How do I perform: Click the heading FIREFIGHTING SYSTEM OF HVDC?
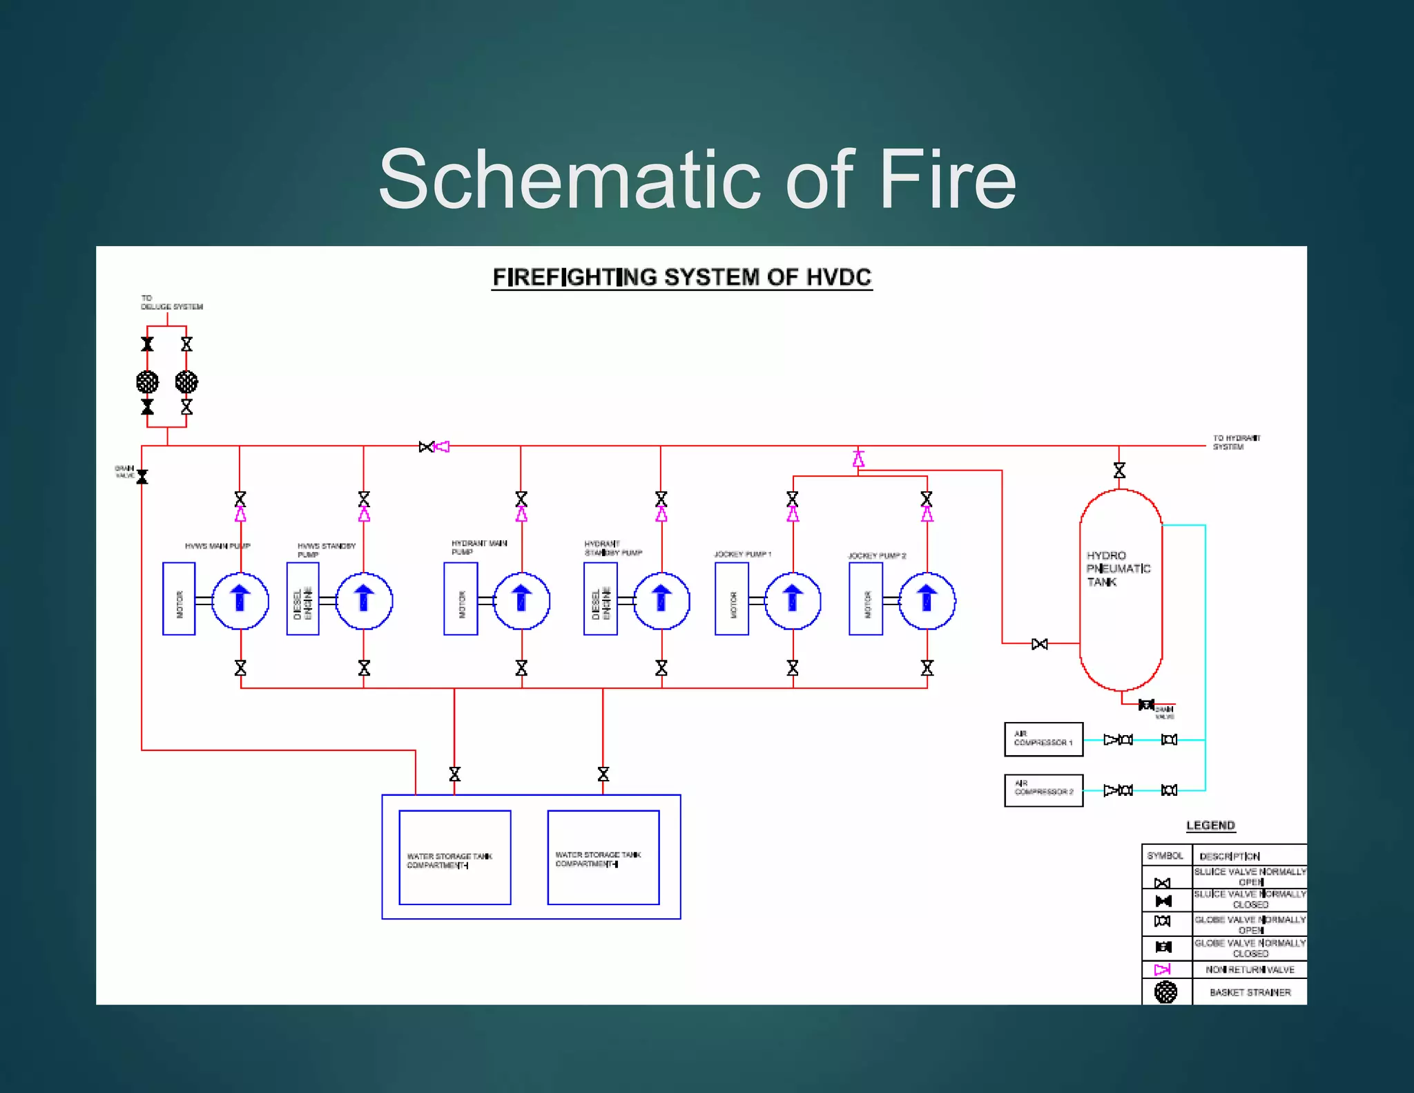pyautogui.click(x=681, y=277)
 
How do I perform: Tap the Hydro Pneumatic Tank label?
pyautogui.click(x=1117, y=569)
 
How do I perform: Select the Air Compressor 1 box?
pyautogui.click(x=1043, y=739)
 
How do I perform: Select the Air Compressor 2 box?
pyautogui.click(x=1043, y=790)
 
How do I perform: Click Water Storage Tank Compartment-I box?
pyautogui.click(x=454, y=857)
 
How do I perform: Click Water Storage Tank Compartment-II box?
pyautogui.click(x=603, y=857)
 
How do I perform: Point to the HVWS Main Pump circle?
pyautogui.click(x=240, y=600)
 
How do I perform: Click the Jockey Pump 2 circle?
pyautogui.click(x=927, y=600)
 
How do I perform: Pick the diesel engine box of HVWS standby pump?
pyautogui.click(x=302, y=599)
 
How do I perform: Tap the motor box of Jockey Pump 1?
pyautogui.click(x=731, y=599)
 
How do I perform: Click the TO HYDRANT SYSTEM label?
pyautogui.click(x=1236, y=442)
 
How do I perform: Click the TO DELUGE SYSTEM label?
pyautogui.click(x=171, y=303)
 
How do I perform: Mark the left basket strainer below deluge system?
pyautogui.click(x=147, y=381)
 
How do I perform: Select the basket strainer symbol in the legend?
pyautogui.click(x=1165, y=992)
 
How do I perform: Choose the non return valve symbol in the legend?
pyautogui.click(x=1163, y=969)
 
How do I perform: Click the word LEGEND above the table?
pyautogui.click(x=1210, y=825)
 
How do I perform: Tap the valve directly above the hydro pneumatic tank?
pyautogui.click(x=1119, y=471)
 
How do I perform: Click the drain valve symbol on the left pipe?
pyautogui.click(x=142, y=477)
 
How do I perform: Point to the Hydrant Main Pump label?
pyautogui.click(x=478, y=547)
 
